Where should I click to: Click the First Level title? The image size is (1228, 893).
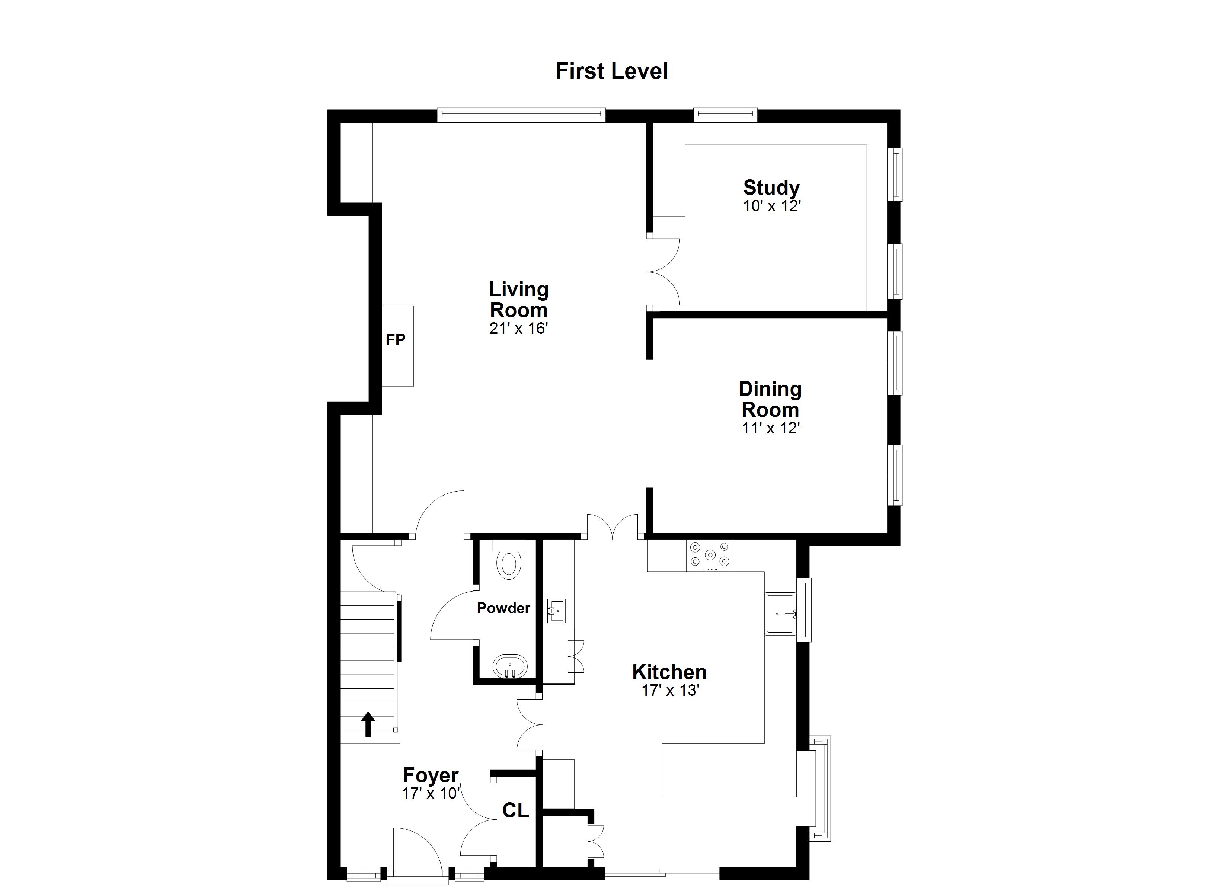[612, 71]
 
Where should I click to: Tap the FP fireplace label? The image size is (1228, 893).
[395, 340]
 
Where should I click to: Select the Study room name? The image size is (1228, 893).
[771, 188]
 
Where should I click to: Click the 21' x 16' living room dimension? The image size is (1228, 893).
[519, 328]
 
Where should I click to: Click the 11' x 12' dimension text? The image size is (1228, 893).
[771, 428]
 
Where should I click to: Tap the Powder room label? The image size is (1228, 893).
[503, 608]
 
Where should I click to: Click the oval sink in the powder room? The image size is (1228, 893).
[510, 667]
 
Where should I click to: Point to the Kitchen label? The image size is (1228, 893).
[669, 672]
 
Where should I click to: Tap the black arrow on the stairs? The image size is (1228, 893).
[368, 724]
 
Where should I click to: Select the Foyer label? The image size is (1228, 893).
[431, 775]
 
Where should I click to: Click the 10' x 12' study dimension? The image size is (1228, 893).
[771, 207]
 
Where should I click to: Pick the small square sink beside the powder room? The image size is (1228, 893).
[556, 611]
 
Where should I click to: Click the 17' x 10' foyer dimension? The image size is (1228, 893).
[431, 794]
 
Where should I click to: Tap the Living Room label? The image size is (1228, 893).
[519, 300]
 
